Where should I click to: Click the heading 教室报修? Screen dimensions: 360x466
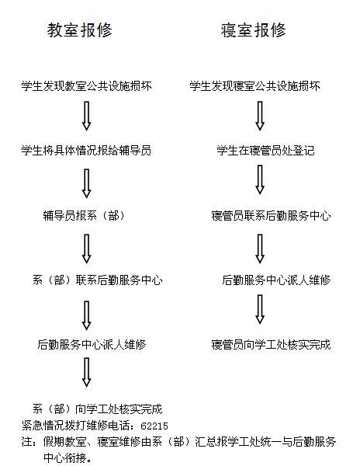[80, 30]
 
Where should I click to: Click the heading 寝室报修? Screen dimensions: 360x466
[253, 30]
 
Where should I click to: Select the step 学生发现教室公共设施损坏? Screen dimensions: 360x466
[86, 86]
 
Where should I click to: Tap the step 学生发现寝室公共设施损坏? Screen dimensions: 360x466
[255, 86]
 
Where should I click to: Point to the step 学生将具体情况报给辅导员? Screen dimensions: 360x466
[86, 150]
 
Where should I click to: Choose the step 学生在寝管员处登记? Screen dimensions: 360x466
[265, 150]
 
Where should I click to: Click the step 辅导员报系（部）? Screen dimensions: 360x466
[84, 215]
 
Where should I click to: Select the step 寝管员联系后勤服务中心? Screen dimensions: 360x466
[271, 215]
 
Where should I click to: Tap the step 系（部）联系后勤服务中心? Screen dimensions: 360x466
[97, 280]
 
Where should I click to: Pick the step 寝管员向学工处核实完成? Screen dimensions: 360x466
[271, 344]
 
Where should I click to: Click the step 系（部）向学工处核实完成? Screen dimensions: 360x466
[97, 409]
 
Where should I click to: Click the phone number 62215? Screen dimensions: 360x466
[154, 426]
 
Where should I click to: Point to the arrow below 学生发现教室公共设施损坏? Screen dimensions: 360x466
[86, 116]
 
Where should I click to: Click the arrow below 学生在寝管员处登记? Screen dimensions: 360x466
[260, 180]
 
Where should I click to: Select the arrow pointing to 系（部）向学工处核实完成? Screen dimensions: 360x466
[86, 372]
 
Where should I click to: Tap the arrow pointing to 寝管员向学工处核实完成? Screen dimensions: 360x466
[260, 309]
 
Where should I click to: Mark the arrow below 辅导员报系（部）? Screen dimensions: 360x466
[86, 249]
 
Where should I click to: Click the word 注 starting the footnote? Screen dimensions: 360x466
[26, 441]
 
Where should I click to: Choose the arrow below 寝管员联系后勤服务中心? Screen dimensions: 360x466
[260, 249]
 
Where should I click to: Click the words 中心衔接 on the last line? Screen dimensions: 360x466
[64, 457]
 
